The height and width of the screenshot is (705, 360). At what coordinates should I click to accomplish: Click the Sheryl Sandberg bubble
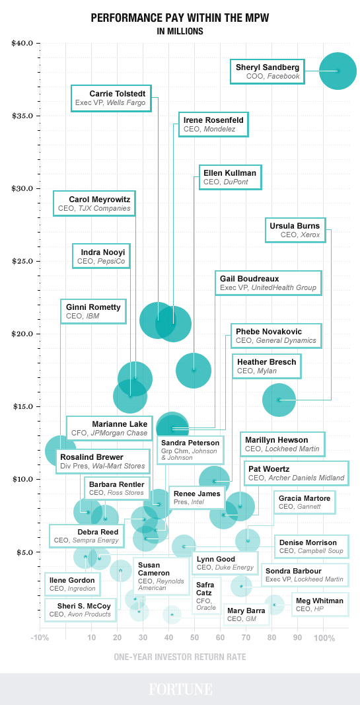tap(338, 71)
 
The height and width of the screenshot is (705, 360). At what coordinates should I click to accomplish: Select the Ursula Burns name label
tap(295, 229)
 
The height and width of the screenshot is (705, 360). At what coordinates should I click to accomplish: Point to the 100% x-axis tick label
tap(324, 638)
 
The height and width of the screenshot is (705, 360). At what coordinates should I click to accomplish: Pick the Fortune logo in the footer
tap(180, 689)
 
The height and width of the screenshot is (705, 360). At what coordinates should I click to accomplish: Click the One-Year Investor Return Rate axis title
tap(180, 657)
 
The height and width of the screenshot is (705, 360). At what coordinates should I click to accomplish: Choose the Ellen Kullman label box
tap(229, 176)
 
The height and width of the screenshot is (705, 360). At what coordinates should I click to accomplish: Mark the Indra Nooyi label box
tap(101, 256)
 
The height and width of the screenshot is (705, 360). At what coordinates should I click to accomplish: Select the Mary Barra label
tap(246, 614)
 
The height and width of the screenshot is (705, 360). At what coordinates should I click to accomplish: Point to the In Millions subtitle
tap(180, 31)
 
